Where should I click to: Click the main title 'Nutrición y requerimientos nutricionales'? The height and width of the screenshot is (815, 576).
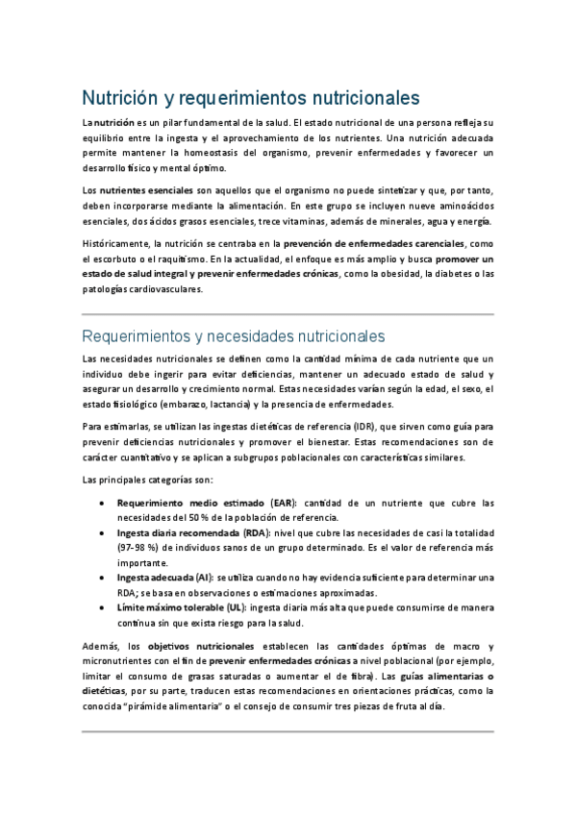250,99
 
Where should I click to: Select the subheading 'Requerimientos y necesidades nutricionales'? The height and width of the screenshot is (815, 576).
234,336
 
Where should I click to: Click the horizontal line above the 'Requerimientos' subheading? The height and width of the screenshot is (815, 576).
288,314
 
